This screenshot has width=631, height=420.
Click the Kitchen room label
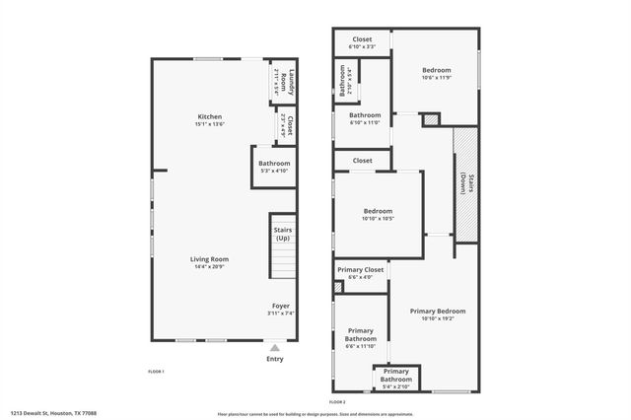209,116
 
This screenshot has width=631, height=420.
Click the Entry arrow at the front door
274,347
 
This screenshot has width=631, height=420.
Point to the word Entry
274,358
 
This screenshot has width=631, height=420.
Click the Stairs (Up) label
282,234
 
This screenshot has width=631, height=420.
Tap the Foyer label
281,306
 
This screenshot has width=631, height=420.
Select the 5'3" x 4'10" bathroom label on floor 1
274,164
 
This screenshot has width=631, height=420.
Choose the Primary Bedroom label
443,311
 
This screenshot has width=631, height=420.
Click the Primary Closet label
360,270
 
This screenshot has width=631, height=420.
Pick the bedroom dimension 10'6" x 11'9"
436,77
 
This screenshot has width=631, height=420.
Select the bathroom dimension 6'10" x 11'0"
364,122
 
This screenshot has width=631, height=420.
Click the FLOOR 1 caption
156,371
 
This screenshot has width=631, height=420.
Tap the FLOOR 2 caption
337,402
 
